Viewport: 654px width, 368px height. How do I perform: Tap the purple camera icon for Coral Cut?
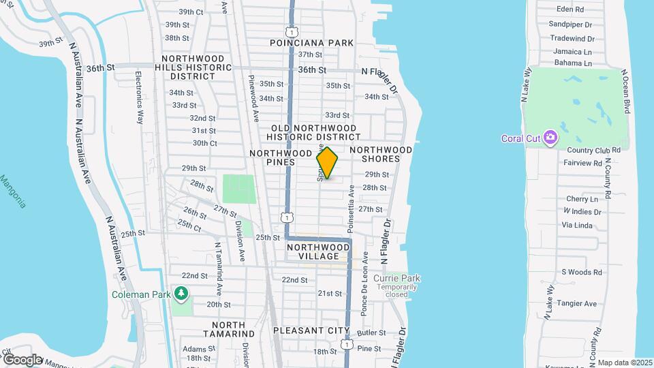550,138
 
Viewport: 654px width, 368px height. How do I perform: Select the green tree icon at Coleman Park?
181,294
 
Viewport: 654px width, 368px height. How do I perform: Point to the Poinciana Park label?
311,43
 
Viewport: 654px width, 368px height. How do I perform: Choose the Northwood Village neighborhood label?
319,251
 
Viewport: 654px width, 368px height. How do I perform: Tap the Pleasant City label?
311,331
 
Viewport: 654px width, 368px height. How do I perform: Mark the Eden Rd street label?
570,10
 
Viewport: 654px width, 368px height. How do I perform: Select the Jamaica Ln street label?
572,51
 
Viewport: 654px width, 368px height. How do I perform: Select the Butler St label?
371,333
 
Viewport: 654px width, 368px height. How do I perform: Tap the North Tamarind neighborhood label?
228,329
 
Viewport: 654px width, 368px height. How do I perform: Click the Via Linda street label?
577,225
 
